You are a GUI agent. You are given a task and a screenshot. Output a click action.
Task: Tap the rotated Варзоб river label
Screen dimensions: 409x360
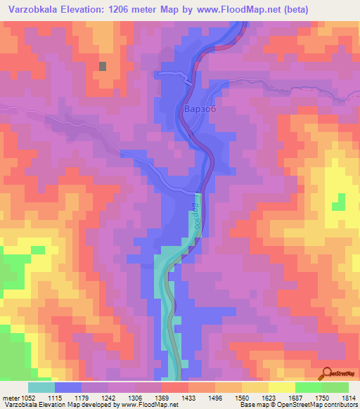point(195,214)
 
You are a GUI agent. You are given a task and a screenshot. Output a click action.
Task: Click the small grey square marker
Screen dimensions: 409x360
point(103,66)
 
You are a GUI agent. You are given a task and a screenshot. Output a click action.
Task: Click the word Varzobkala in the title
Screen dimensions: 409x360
point(32,10)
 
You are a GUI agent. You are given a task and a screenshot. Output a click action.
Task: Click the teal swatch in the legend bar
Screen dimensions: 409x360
point(41,387)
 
